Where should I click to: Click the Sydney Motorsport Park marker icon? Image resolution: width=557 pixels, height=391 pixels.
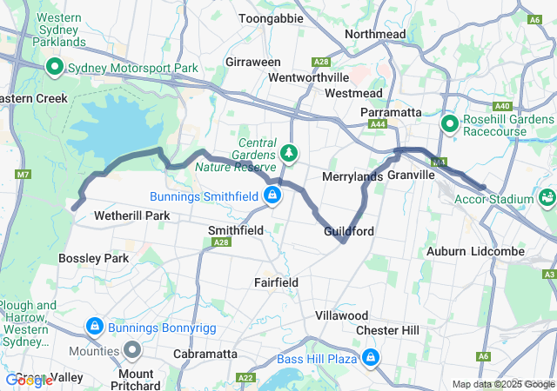click(54, 67)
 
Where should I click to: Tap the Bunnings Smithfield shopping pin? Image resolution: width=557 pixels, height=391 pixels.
click(273, 194)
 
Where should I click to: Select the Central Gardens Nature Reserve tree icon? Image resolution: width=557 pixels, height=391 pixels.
click(289, 154)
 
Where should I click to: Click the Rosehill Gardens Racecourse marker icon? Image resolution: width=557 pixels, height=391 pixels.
click(450, 124)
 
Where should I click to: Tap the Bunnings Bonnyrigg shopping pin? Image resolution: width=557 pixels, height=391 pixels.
click(93, 327)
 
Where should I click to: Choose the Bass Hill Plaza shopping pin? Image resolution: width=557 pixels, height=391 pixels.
click(371, 357)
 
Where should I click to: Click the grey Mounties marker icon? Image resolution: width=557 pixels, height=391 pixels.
click(132, 350)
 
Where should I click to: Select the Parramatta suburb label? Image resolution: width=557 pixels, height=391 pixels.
click(391, 113)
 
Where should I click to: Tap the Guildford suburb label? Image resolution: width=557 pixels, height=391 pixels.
click(348, 232)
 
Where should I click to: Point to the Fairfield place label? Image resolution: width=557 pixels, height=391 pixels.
click(276, 282)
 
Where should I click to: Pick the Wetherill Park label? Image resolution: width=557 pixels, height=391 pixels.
click(131, 215)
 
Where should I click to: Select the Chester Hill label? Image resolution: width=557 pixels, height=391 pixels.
click(387, 330)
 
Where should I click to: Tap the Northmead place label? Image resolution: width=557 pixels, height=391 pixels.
click(375, 34)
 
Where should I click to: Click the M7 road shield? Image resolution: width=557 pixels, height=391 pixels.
click(22, 176)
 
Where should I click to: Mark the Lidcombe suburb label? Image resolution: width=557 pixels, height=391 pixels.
click(508, 251)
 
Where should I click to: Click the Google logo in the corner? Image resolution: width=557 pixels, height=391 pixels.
click(28, 380)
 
